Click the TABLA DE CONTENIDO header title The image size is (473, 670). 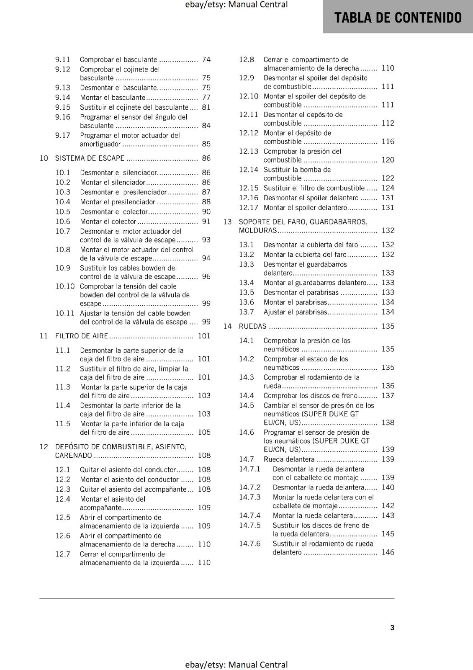click(398, 18)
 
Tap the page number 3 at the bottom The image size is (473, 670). click(392, 627)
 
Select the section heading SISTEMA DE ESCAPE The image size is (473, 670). click(90, 158)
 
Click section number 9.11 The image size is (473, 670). click(63, 59)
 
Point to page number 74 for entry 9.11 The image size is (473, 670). click(206, 59)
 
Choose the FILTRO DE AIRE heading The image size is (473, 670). click(82, 336)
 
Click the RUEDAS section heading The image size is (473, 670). click(252, 326)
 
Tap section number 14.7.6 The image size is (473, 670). click(249, 544)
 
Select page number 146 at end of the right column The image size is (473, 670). click(388, 552)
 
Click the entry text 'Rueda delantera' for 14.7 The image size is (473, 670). click(289, 459)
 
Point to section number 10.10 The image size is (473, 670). click(65, 286)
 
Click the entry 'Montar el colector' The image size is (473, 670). click(108, 222)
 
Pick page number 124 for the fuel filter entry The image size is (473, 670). click(388, 188)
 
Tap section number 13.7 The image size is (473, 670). click(247, 312)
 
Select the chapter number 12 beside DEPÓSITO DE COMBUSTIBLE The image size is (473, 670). click(44, 446)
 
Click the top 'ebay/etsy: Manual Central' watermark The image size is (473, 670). click(236, 5)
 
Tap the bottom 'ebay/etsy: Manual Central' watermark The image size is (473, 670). click(236, 665)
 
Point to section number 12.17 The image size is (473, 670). click(249, 208)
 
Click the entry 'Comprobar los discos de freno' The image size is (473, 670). click(310, 396)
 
